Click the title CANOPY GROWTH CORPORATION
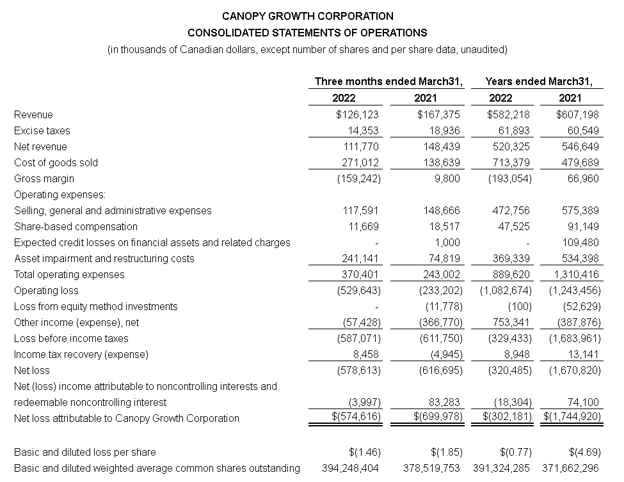[x=307, y=16]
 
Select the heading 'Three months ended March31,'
[x=389, y=81]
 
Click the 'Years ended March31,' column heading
[x=539, y=81]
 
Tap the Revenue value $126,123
[x=357, y=115]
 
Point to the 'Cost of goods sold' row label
[x=56, y=163]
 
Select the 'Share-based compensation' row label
[x=76, y=227]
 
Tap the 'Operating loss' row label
[x=46, y=291]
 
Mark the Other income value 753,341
[x=510, y=323]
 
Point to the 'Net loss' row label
[x=31, y=371]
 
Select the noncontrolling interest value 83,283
[x=442, y=403]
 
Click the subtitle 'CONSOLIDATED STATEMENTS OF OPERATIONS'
[x=307, y=33]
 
